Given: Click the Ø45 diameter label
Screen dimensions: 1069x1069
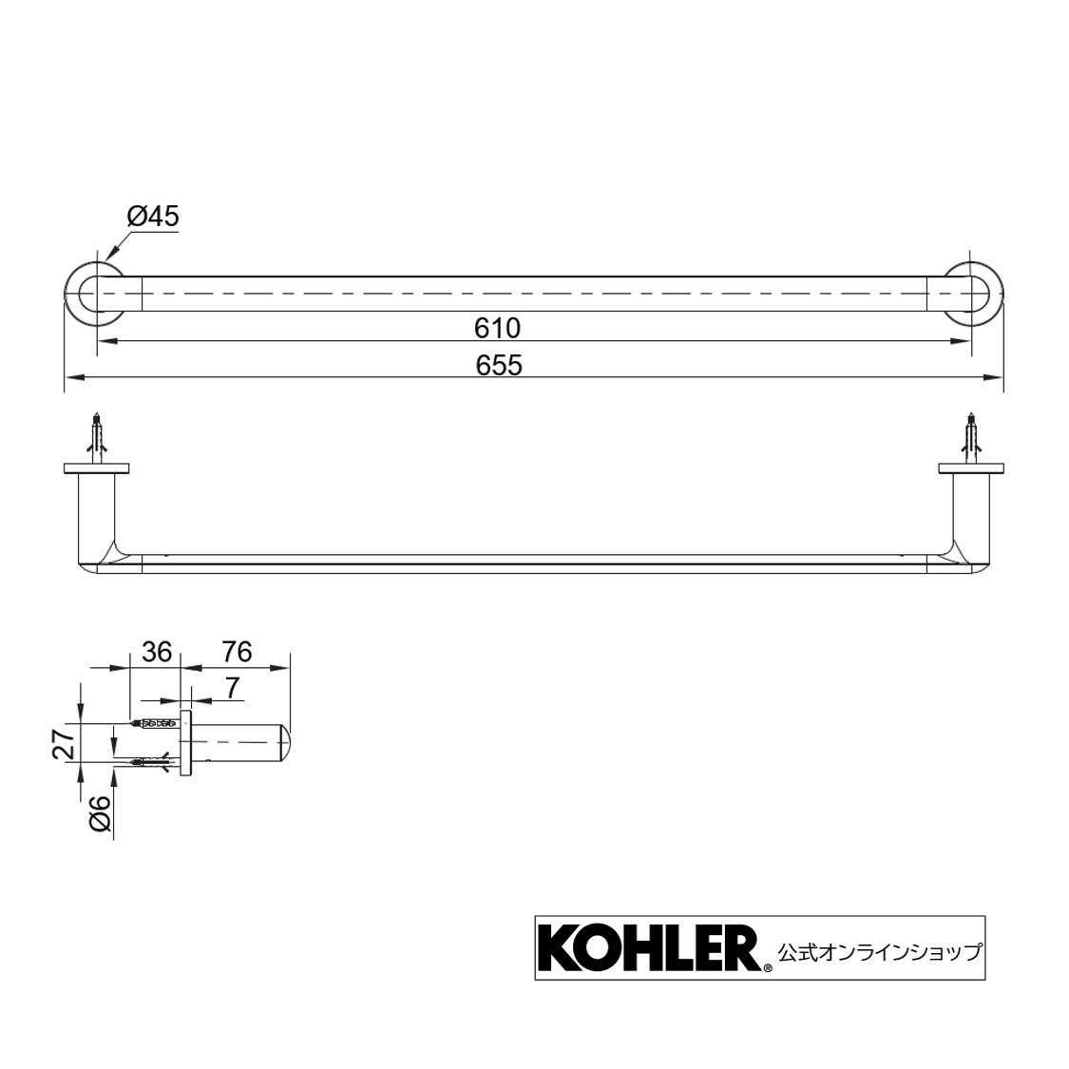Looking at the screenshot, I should (x=152, y=217).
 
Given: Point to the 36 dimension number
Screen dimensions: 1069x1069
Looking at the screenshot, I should (x=156, y=652).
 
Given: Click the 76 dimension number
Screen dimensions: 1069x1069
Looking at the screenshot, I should (x=237, y=652).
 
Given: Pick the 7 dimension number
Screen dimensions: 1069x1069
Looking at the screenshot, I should (x=233, y=685).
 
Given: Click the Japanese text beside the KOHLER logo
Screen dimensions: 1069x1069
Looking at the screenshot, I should (x=879, y=949).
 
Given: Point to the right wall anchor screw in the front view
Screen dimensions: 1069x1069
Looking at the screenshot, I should (x=970, y=438).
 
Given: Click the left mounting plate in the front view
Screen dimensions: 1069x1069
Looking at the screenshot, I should (x=96, y=468).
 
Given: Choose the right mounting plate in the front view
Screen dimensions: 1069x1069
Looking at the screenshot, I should (x=971, y=468).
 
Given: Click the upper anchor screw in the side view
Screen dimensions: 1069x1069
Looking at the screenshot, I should (x=156, y=724).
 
